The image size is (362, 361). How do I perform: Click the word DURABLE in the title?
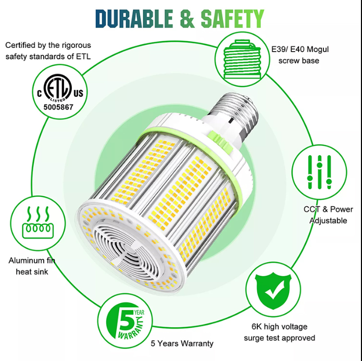click(134, 19)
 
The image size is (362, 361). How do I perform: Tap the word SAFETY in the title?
click(232, 19)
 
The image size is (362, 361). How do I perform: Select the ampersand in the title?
click(187, 19)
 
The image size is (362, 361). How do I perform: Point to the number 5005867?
click(58, 107)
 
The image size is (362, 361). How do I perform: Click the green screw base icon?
click(242, 59)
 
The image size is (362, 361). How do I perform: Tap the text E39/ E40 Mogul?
click(300, 49)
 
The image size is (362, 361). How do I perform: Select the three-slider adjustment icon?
click(319, 172)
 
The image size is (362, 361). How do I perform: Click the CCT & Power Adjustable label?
click(328, 215)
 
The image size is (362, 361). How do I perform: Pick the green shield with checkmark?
click(273, 290)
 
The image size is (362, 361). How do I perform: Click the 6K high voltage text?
click(279, 327)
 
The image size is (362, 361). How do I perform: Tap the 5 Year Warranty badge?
click(126, 321)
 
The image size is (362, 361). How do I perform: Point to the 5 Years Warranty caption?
click(182, 343)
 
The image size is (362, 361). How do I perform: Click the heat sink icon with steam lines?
click(38, 222)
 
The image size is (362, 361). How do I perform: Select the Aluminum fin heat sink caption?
click(32, 266)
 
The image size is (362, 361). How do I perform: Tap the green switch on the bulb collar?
click(219, 141)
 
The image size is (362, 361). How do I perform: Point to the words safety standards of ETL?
click(48, 57)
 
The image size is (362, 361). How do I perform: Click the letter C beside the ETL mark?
click(40, 94)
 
